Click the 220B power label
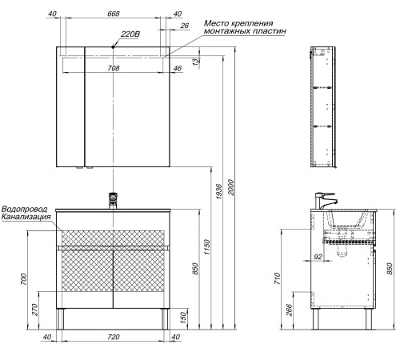(130, 34)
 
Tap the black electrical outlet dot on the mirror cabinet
(113, 47)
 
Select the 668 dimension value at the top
(114, 14)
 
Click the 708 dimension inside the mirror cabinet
(114, 68)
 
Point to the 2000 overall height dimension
(231, 187)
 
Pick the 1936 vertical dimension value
(218, 191)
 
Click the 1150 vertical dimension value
(207, 247)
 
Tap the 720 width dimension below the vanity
(114, 337)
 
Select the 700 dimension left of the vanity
(24, 279)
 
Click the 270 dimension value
(35, 310)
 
